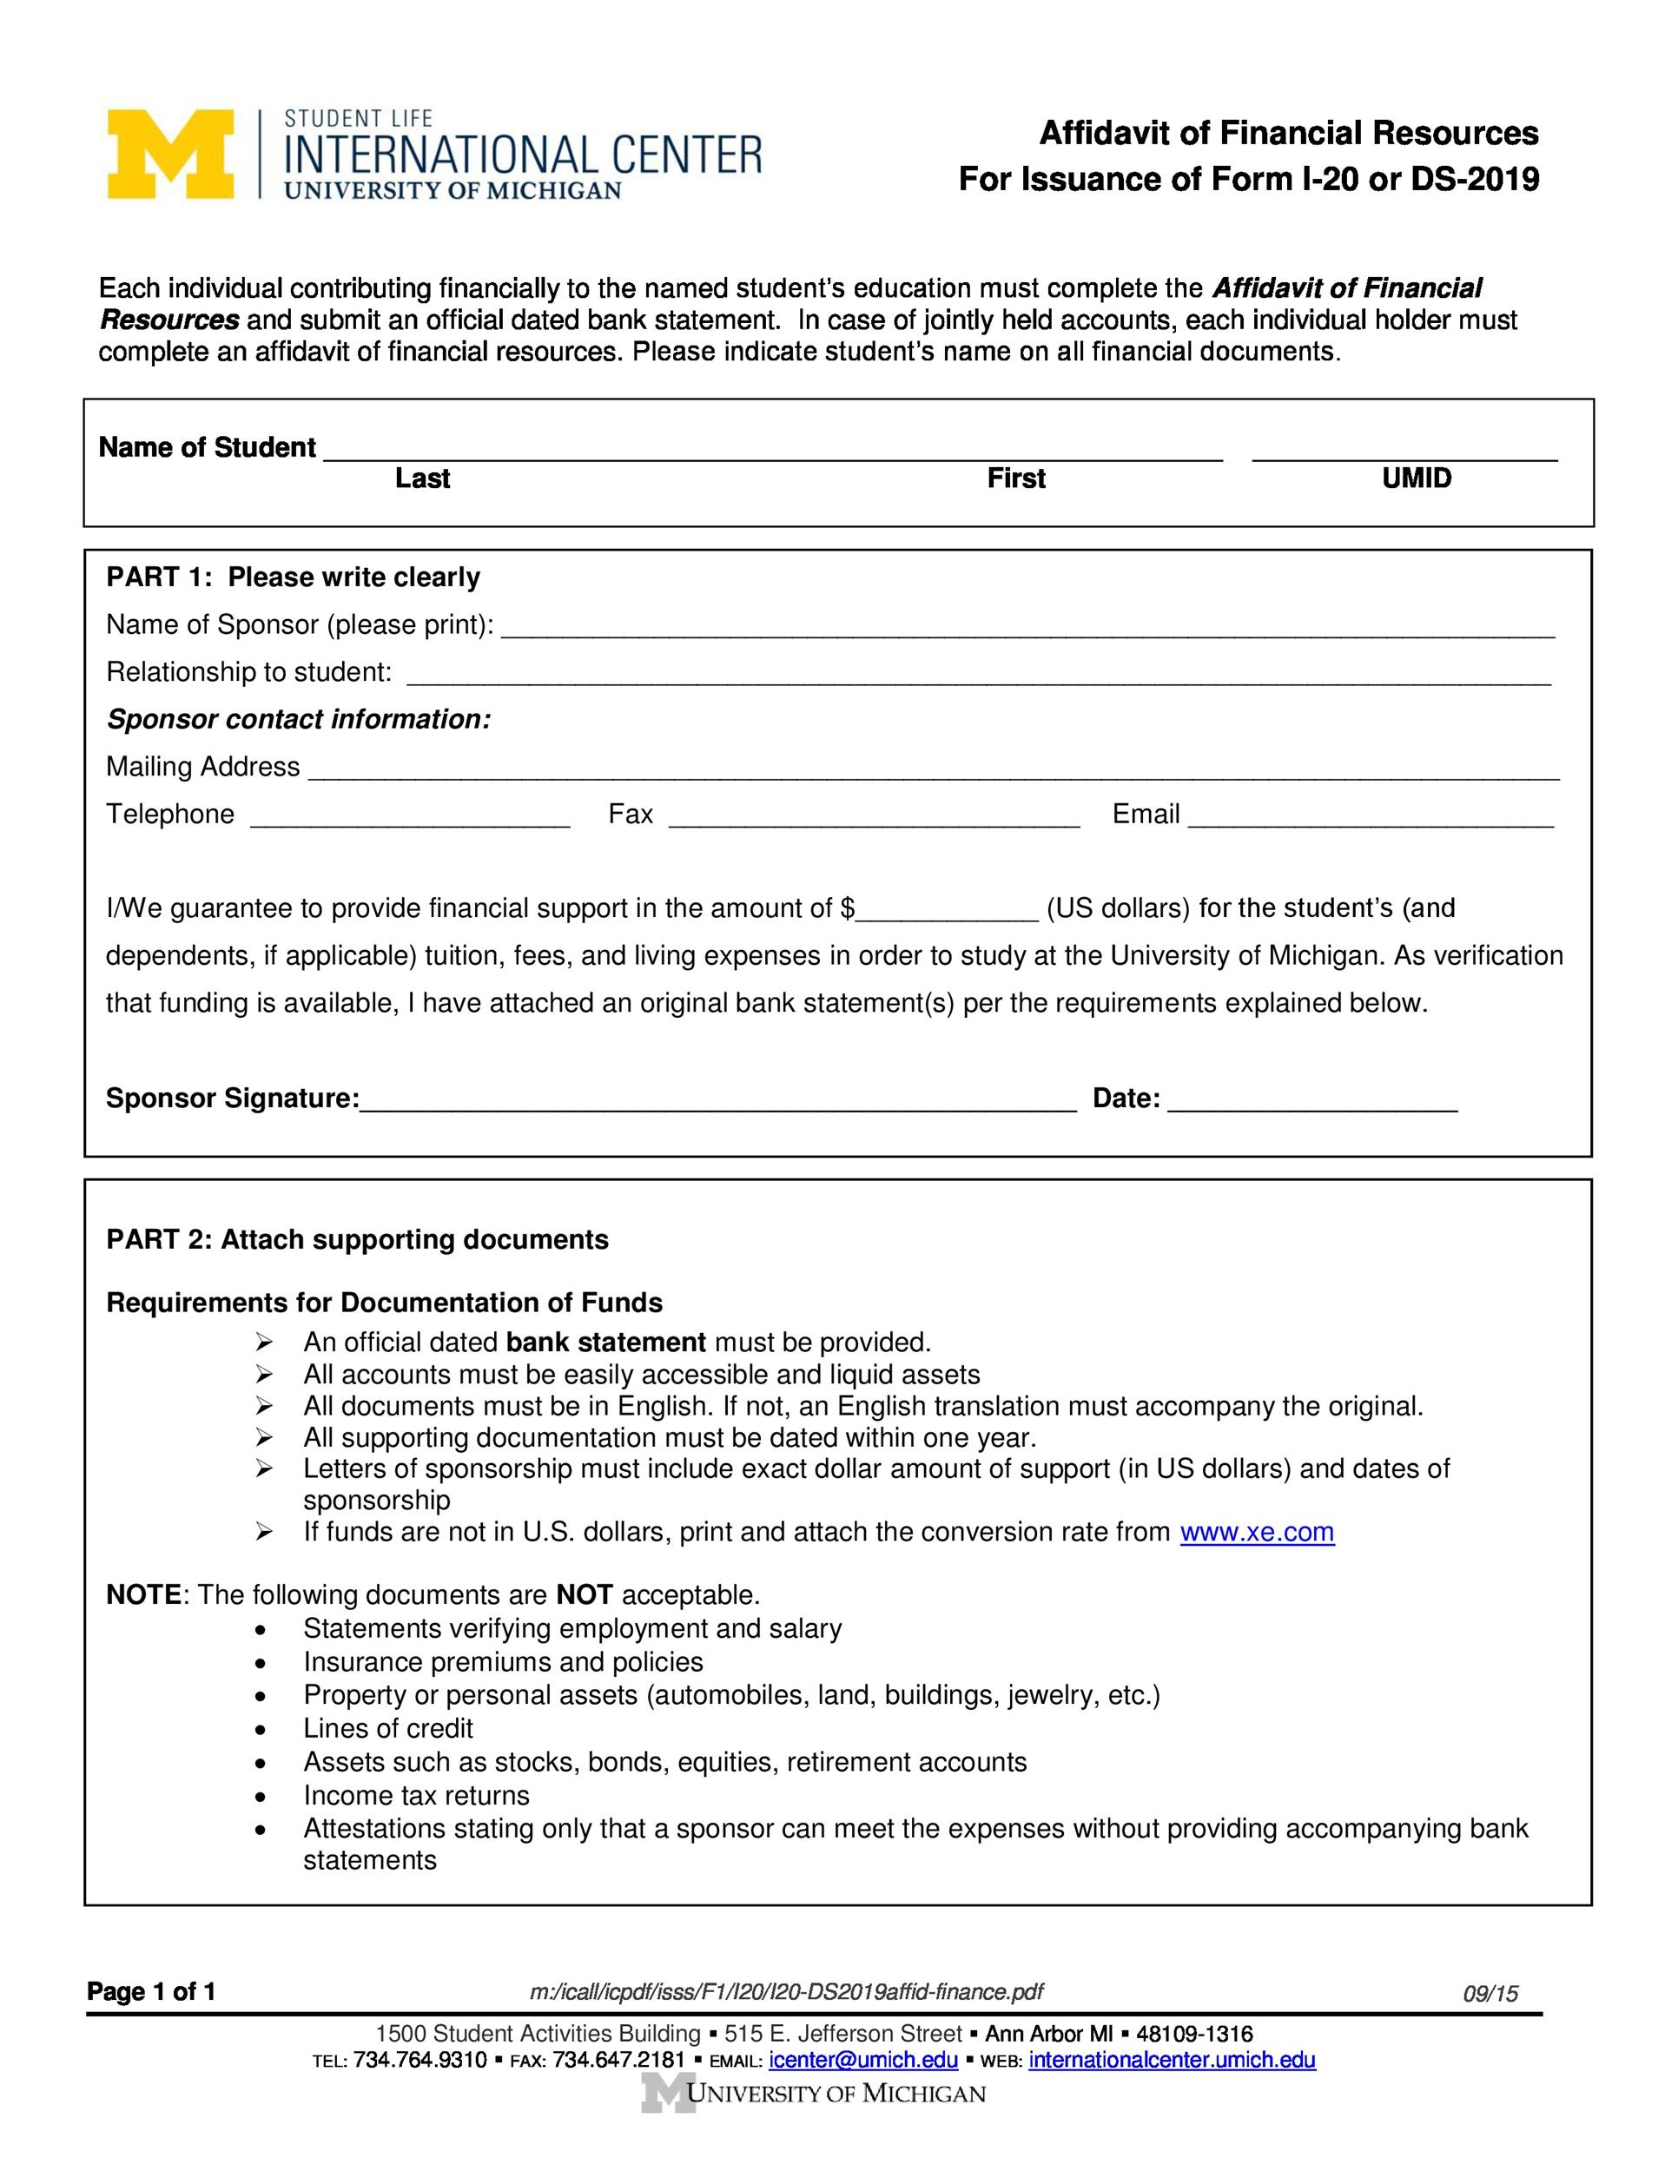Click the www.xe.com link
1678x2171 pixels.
pyautogui.click(x=1257, y=1532)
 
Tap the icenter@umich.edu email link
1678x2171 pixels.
pyautogui.click(x=862, y=2059)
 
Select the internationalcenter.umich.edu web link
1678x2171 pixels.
pyautogui.click(x=1172, y=2059)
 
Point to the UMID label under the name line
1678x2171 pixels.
pyautogui.click(x=1416, y=478)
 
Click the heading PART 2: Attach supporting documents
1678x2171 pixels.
pyautogui.click(x=357, y=1239)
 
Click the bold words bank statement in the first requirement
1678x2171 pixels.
pyautogui.click(x=605, y=1342)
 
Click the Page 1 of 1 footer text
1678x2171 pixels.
pyautogui.click(x=151, y=1991)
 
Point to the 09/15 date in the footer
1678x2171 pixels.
pyautogui.click(x=1490, y=1993)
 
